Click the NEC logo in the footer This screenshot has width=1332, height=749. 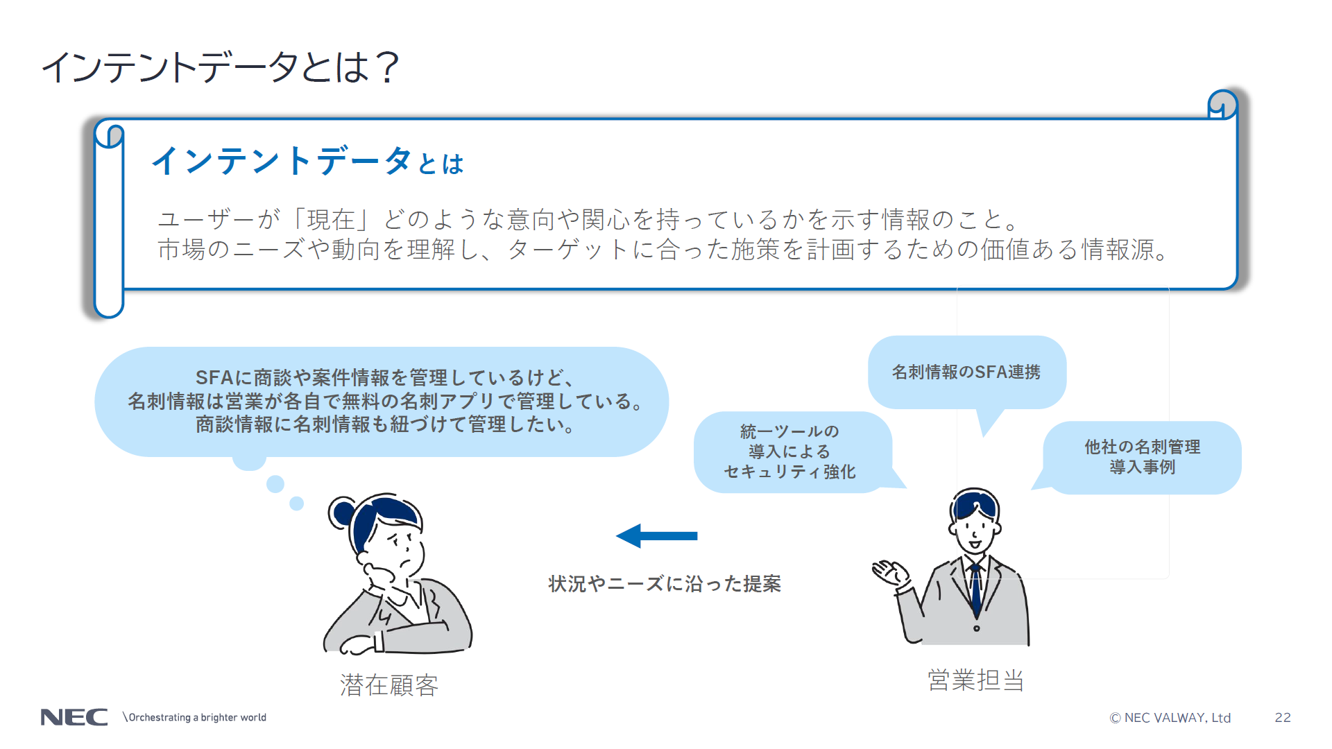coord(74,717)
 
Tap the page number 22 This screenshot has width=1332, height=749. coord(1283,717)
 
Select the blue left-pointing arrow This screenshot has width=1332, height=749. coord(656,535)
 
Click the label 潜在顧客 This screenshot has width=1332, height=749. coord(388,685)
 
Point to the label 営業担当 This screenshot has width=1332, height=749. coord(975,680)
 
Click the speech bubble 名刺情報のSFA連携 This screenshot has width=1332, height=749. coord(966,372)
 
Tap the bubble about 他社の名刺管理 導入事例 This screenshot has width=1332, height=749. coord(1142,457)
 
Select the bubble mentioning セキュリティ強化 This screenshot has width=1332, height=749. coord(789,452)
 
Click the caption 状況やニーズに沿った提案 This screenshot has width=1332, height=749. coord(665,584)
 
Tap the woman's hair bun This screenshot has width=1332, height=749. coord(342,513)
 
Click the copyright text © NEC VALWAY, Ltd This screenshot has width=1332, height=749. coord(1170,718)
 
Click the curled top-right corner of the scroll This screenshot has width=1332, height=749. coord(1222,105)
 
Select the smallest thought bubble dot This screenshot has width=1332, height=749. coord(297,503)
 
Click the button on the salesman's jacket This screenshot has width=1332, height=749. coord(976,628)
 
